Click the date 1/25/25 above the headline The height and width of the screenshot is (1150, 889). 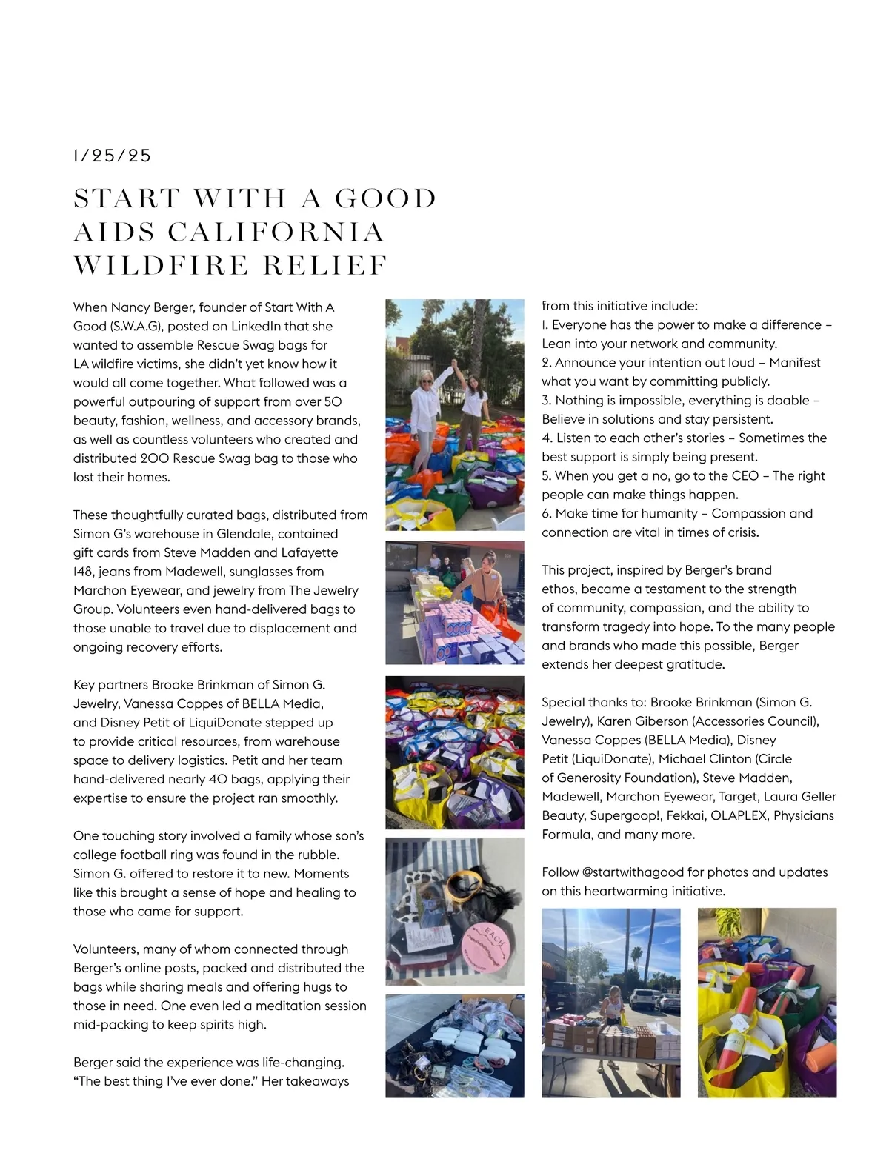tap(112, 156)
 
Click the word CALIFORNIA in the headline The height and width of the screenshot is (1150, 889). tap(276, 232)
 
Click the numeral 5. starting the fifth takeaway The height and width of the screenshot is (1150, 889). tap(547, 476)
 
